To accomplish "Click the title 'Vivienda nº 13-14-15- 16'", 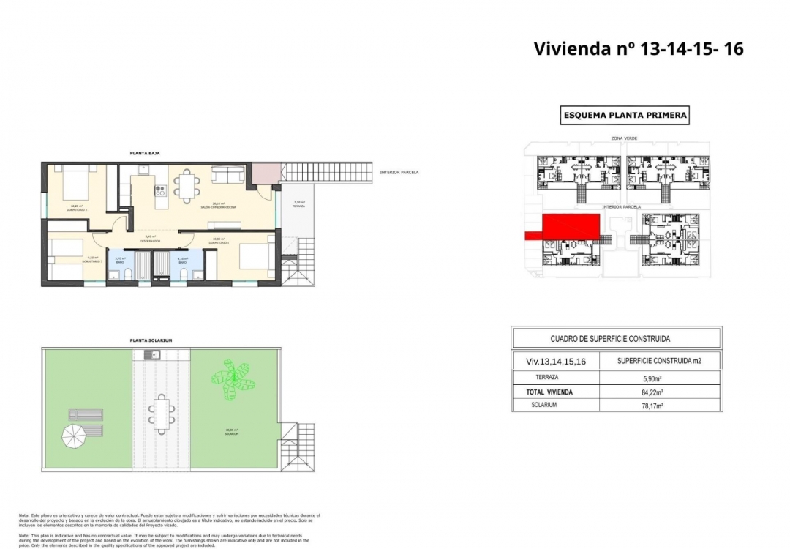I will coord(639,49).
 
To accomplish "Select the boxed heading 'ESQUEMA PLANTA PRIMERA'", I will coord(624,116).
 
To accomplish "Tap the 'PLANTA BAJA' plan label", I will coord(145,153).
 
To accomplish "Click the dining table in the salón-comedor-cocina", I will coord(188,186).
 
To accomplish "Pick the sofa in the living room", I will coord(228,174).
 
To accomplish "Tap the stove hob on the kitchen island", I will coord(159,190).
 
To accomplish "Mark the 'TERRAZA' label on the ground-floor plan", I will coord(298,206).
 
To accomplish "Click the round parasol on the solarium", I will coord(75,437).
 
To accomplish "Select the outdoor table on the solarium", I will coord(160,413).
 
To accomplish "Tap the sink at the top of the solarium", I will coord(153,356).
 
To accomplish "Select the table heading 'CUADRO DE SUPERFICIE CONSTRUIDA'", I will coord(609,339).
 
